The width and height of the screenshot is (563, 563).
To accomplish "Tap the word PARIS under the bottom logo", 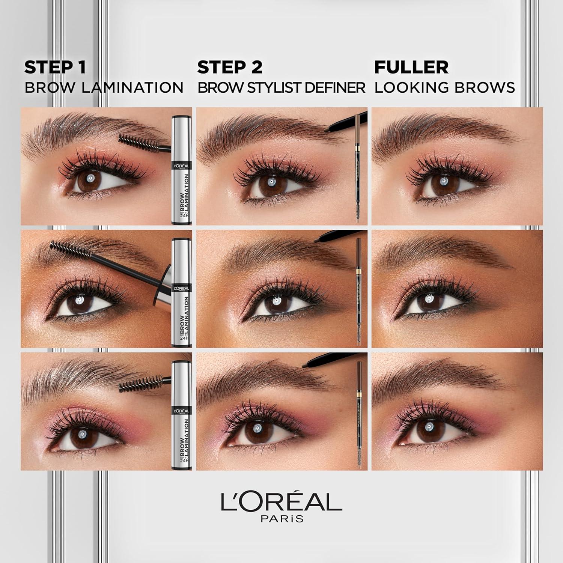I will [x=281, y=519].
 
